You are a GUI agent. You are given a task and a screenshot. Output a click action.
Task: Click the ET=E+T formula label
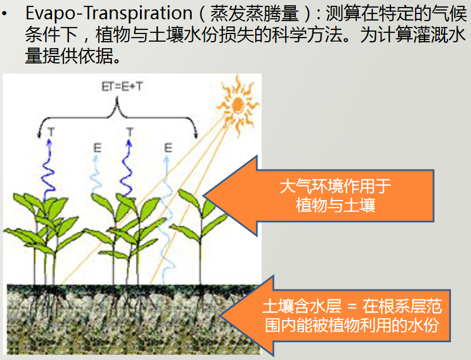[122, 86]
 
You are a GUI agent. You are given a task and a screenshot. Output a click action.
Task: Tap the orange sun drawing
[238, 104]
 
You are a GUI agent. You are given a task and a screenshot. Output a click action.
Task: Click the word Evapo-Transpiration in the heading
[109, 13]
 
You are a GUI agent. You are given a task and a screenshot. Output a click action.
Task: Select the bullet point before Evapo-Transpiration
[4, 14]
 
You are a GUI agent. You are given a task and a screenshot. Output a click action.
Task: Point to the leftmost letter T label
[51, 131]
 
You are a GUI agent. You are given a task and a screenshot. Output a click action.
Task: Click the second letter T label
[130, 131]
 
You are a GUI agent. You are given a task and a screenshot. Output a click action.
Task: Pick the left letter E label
[98, 148]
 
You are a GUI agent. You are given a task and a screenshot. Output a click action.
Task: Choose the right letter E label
[168, 148]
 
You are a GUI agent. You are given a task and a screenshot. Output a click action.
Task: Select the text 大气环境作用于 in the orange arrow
[336, 186]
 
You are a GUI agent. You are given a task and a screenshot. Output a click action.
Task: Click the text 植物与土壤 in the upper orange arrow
[336, 205]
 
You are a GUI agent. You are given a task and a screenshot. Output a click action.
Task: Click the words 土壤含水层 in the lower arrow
[302, 306]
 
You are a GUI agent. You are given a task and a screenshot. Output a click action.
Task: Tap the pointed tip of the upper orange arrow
[203, 196]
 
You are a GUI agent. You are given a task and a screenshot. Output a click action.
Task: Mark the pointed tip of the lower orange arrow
[220, 316]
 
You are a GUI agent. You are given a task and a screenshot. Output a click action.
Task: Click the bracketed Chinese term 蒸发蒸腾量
[255, 13]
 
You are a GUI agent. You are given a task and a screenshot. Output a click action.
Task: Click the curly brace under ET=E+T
[118, 117]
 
